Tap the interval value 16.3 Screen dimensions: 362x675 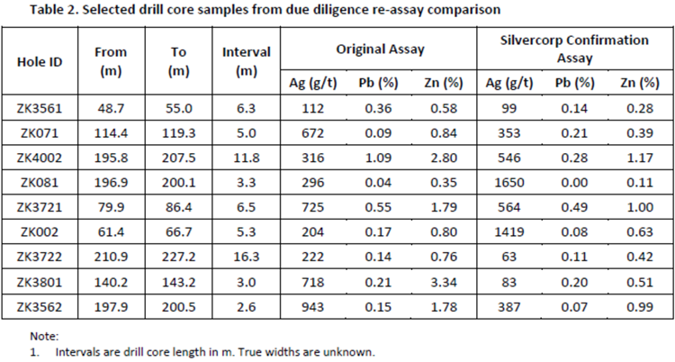point(246,256)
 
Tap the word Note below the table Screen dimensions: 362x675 point(44,336)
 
